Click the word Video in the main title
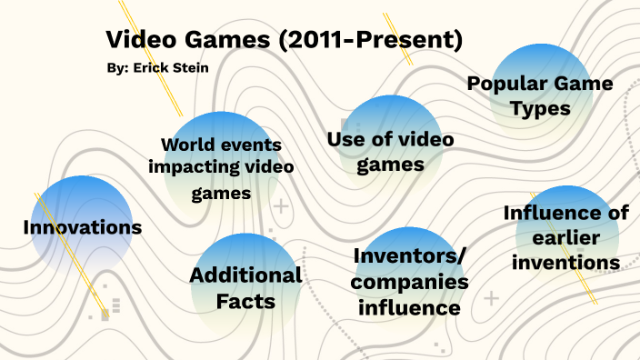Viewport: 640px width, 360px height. [135, 40]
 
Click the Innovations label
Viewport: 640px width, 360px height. [83, 227]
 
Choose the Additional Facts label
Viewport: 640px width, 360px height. [245, 287]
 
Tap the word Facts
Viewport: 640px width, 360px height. [245, 301]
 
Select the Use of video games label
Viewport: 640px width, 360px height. [390, 152]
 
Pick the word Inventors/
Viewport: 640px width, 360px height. [410, 256]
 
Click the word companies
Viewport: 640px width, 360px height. [410, 282]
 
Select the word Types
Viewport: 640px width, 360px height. [540, 108]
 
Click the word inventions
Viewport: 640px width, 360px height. [565, 263]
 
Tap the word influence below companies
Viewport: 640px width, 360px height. [410, 307]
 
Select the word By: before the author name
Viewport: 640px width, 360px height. [117, 67]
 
